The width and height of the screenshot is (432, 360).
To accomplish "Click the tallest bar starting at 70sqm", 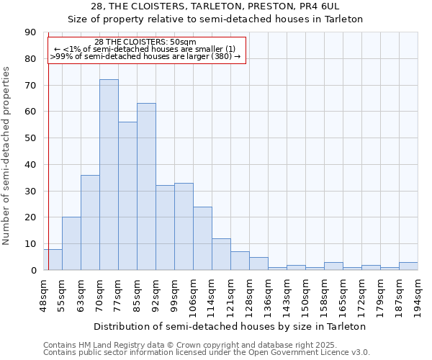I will (x=109, y=175).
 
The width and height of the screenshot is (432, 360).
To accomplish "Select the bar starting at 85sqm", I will (x=146, y=186).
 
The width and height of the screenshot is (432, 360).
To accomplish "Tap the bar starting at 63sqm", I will (x=90, y=222).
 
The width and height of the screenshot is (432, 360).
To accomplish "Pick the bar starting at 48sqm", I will (x=53, y=259).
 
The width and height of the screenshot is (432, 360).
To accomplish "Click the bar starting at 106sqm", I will (x=202, y=238).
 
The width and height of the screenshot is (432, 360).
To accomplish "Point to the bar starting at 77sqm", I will (x=127, y=196).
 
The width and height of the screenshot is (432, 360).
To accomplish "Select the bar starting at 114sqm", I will (x=221, y=254).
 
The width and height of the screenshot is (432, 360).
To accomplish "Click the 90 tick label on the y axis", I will (x=30, y=32).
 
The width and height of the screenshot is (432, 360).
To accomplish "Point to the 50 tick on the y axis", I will (x=30, y=138).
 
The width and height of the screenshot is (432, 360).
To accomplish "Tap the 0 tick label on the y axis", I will (x=33, y=271).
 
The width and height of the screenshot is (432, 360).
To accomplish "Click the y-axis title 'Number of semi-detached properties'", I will (x=7, y=156).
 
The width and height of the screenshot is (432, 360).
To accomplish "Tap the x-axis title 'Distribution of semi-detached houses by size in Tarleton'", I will (x=230, y=326).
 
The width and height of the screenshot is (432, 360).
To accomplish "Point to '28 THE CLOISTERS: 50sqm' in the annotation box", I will (x=145, y=42).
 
